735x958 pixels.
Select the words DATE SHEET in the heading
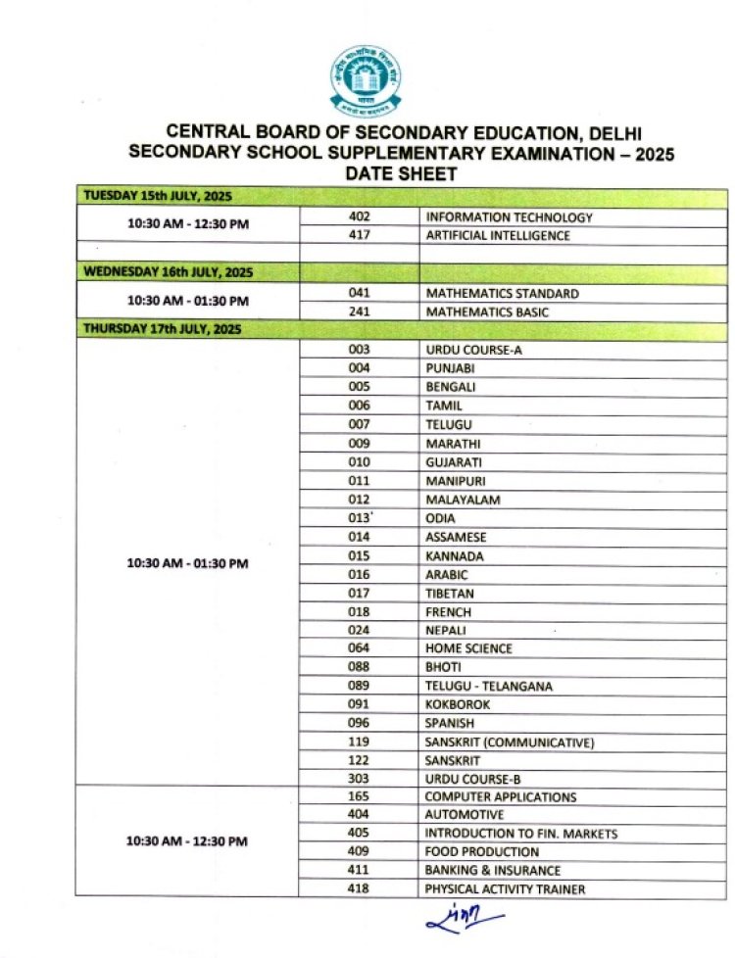pos(402,173)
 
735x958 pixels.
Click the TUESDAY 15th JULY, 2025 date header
pos(157,197)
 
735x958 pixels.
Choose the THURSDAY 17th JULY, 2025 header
pos(162,329)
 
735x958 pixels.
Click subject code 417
pos(359,236)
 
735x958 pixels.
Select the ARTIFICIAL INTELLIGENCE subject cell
pos(497,236)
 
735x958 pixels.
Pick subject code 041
pos(359,293)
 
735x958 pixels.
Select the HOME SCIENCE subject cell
pos(468,648)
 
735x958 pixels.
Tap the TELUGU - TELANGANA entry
pos(488,687)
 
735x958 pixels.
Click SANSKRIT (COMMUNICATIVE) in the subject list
pos(510,742)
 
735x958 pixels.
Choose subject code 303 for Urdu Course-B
pos(359,780)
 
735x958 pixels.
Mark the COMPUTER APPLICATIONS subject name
pos(500,797)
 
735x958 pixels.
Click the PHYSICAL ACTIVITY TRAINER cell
pos(504,889)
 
